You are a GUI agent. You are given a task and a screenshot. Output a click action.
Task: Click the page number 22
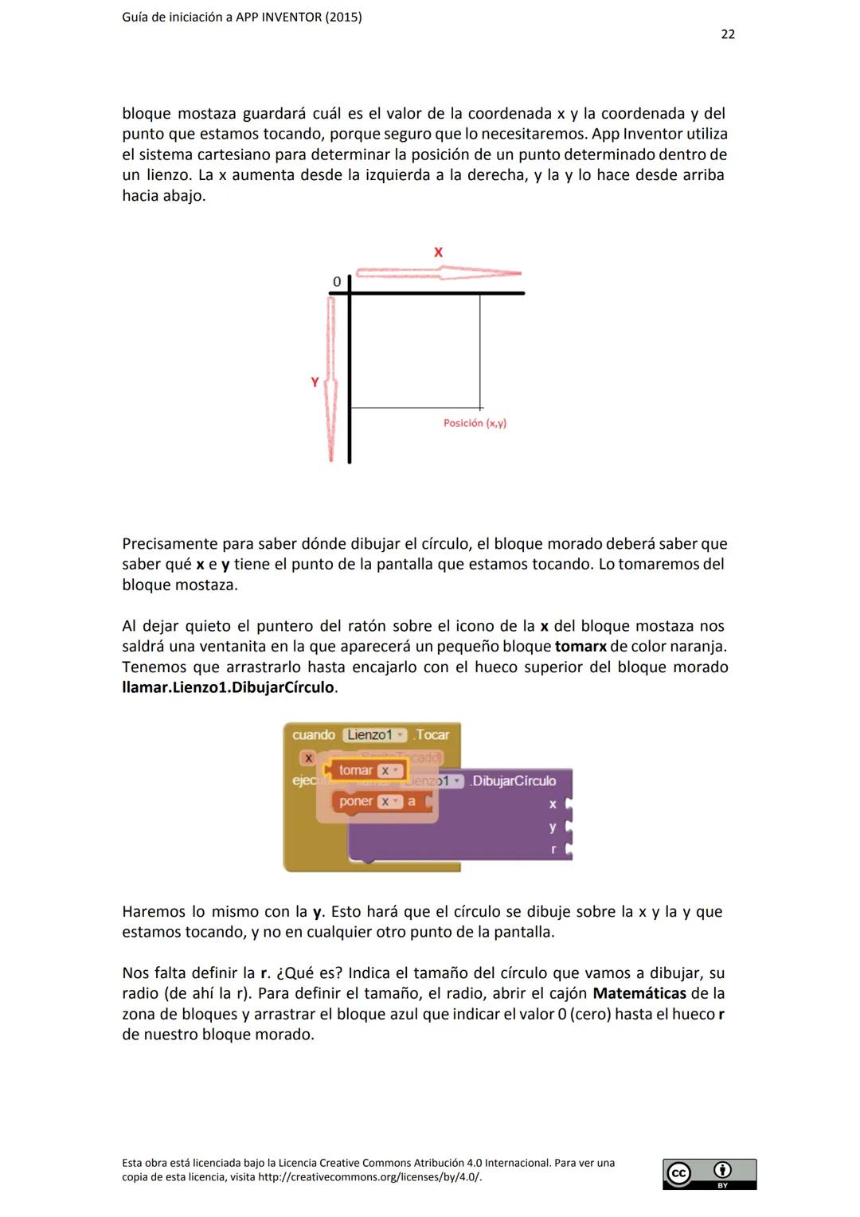point(727,34)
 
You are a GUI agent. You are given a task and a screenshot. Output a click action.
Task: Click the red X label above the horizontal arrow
point(438,252)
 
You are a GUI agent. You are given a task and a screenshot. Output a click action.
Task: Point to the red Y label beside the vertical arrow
point(315,382)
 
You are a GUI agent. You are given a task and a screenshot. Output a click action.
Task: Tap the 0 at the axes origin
point(337,282)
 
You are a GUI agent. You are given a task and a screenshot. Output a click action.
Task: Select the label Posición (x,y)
point(475,423)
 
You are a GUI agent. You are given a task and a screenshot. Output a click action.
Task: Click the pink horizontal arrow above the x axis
point(438,273)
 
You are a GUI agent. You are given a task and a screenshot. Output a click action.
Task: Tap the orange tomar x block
point(365,770)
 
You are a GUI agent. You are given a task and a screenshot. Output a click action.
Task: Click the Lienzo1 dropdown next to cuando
point(374,735)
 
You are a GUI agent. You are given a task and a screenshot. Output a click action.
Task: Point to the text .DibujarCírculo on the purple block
point(513,781)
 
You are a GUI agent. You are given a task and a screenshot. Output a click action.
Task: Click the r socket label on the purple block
point(553,850)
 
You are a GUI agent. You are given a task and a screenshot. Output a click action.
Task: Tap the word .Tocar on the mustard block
point(432,735)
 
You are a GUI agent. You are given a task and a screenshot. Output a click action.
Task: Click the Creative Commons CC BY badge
point(709,1174)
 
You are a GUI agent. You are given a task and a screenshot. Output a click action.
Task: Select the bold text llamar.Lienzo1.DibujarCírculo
point(229,687)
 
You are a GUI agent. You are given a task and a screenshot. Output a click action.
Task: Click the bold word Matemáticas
point(639,993)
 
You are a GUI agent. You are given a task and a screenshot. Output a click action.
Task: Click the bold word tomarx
point(580,647)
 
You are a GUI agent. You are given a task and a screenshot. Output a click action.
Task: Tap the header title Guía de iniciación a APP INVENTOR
point(241,17)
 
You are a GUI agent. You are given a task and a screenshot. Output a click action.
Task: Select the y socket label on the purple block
point(553,827)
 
